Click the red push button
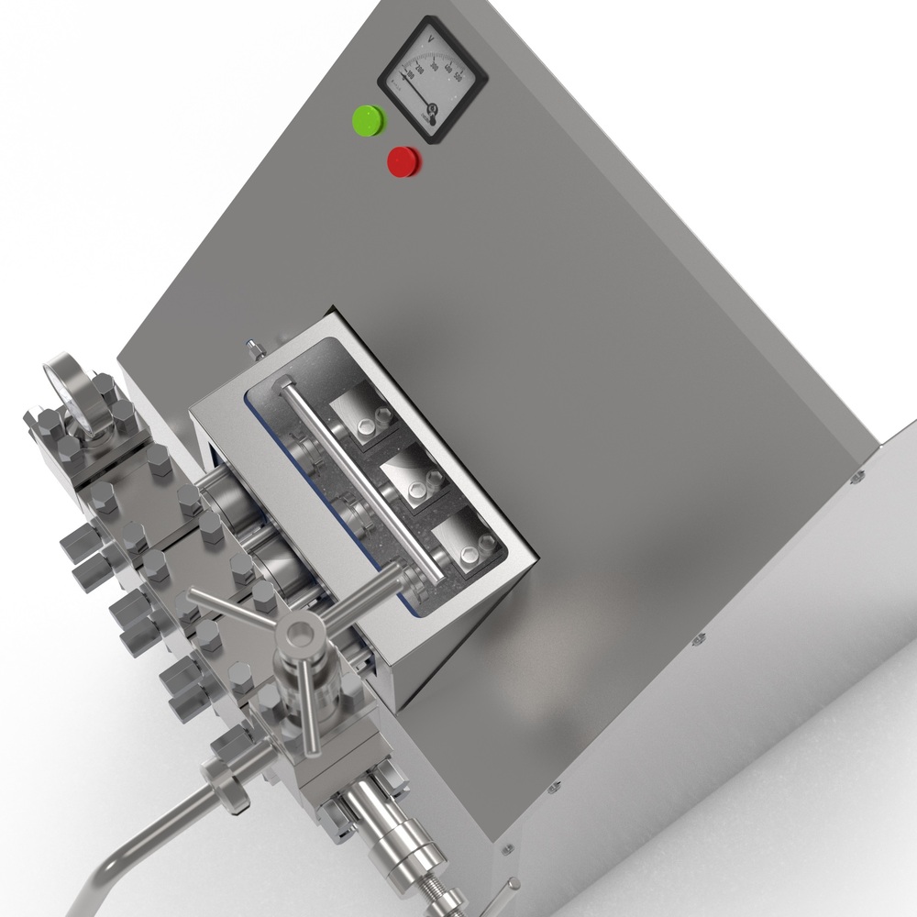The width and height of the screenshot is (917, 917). pos(403,162)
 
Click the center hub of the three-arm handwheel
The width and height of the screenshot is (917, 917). pos(300,630)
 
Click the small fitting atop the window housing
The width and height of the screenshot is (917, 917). pos(249,349)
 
